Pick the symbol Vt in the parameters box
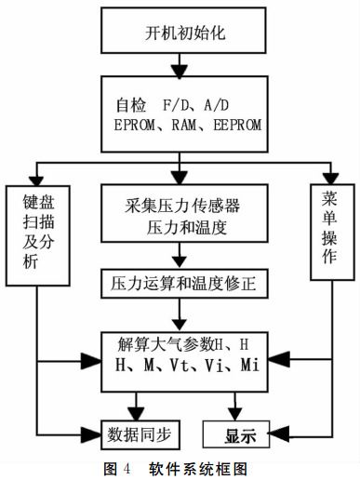click(184, 364)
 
